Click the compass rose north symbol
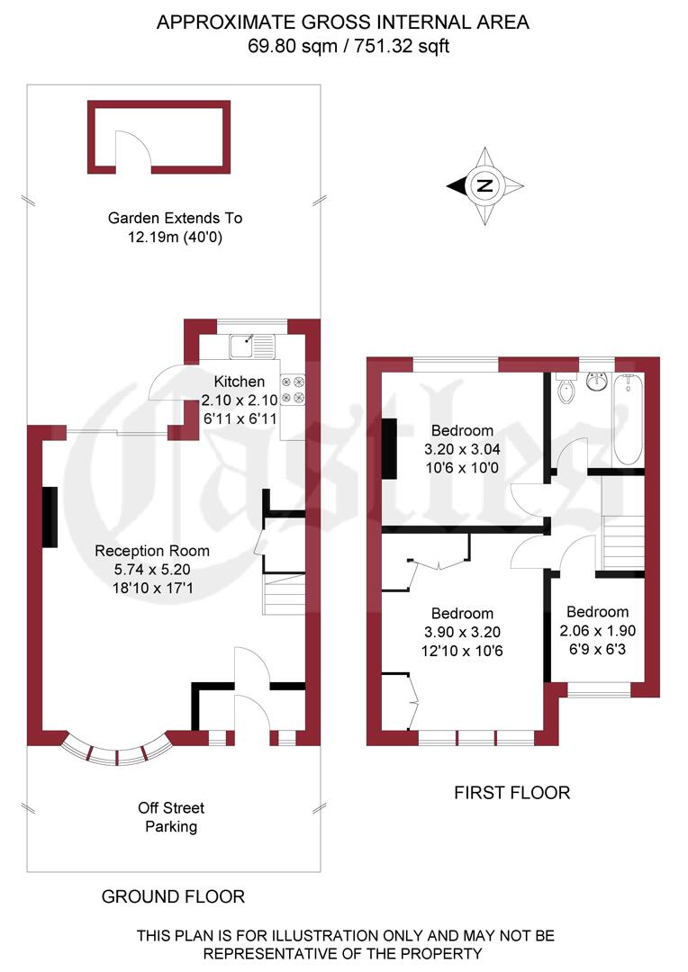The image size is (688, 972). coord(485,186)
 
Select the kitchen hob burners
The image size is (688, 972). coord(293,389)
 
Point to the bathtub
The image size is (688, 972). coord(629,418)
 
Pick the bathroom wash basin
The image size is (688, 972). coord(596,382)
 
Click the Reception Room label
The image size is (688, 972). coord(152,551)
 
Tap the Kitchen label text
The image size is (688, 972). coord(239,382)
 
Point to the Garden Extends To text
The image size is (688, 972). coord(175,218)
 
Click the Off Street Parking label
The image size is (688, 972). coord(170,817)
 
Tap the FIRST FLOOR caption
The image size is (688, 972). coord(511,793)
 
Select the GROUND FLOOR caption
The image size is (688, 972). coord(173,896)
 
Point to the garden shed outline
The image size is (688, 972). coord(158,137)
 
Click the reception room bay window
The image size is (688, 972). coord(116,750)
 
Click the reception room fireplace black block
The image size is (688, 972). coord(50,517)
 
